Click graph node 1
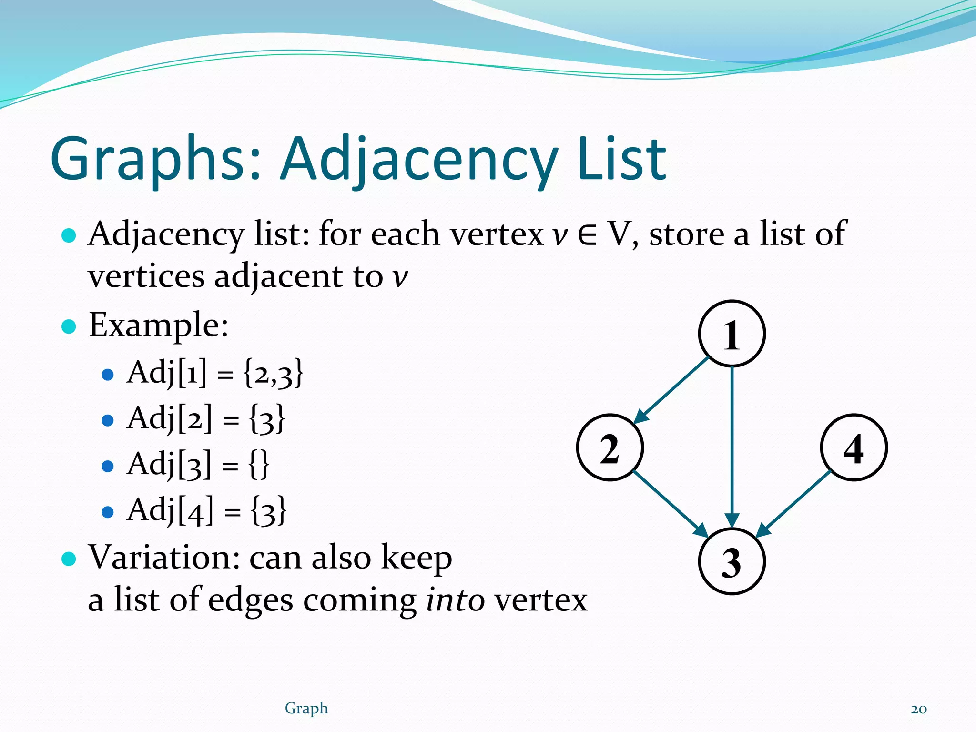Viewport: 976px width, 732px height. click(732, 334)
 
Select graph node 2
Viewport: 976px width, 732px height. click(610, 447)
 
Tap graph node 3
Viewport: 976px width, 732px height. click(732, 561)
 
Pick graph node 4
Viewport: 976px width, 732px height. click(854, 447)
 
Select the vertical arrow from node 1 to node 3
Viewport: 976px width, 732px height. click(732, 443)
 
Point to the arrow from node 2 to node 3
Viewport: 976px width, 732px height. click(670, 503)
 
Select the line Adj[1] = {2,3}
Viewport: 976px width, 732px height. click(214, 373)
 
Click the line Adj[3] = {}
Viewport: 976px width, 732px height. click(198, 464)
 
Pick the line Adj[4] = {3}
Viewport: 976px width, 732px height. click(206, 510)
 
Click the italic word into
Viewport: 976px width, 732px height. click(455, 600)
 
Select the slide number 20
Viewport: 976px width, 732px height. click(918, 709)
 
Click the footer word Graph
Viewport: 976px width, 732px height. click(306, 709)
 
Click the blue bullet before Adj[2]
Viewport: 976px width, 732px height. click(108, 420)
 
